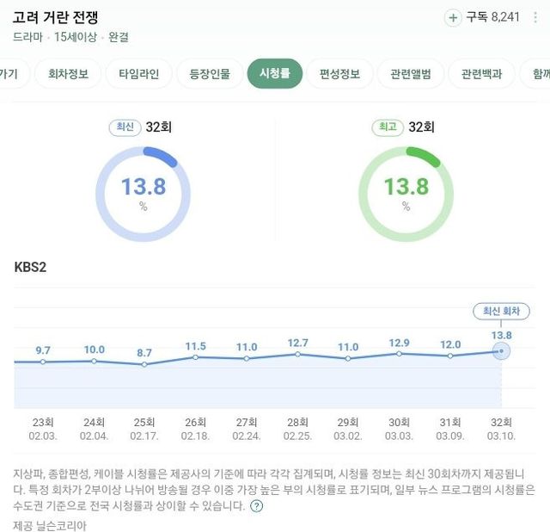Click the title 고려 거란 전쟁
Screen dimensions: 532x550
[x=68, y=16]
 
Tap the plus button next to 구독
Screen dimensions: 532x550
[x=453, y=17]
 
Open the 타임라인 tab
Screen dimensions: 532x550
[x=139, y=74]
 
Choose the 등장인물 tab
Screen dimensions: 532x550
[x=210, y=74]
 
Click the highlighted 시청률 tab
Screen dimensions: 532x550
[x=275, y=74]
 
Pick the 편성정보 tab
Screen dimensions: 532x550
[x=339, y=74]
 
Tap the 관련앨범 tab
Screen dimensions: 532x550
[x=410, y=74]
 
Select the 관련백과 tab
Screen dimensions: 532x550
[x=487, y=74]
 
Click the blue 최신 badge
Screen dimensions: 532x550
[x=125, y=127]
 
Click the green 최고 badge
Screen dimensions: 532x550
[x=387, y=127]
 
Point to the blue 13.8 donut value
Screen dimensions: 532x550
[x=143, y=187]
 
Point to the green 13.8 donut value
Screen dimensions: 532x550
[x=406, y=187]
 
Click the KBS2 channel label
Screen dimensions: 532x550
[x=31, y=267]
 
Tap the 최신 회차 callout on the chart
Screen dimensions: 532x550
[x=502, y=312]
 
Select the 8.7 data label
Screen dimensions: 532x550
[x=144, y=353]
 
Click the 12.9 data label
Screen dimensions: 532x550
[x=399, y=343]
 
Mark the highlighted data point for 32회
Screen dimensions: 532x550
[x=501, y=350]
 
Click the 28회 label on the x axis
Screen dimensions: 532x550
[x=297, y=423]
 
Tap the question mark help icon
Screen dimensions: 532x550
[x=257, y=506]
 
